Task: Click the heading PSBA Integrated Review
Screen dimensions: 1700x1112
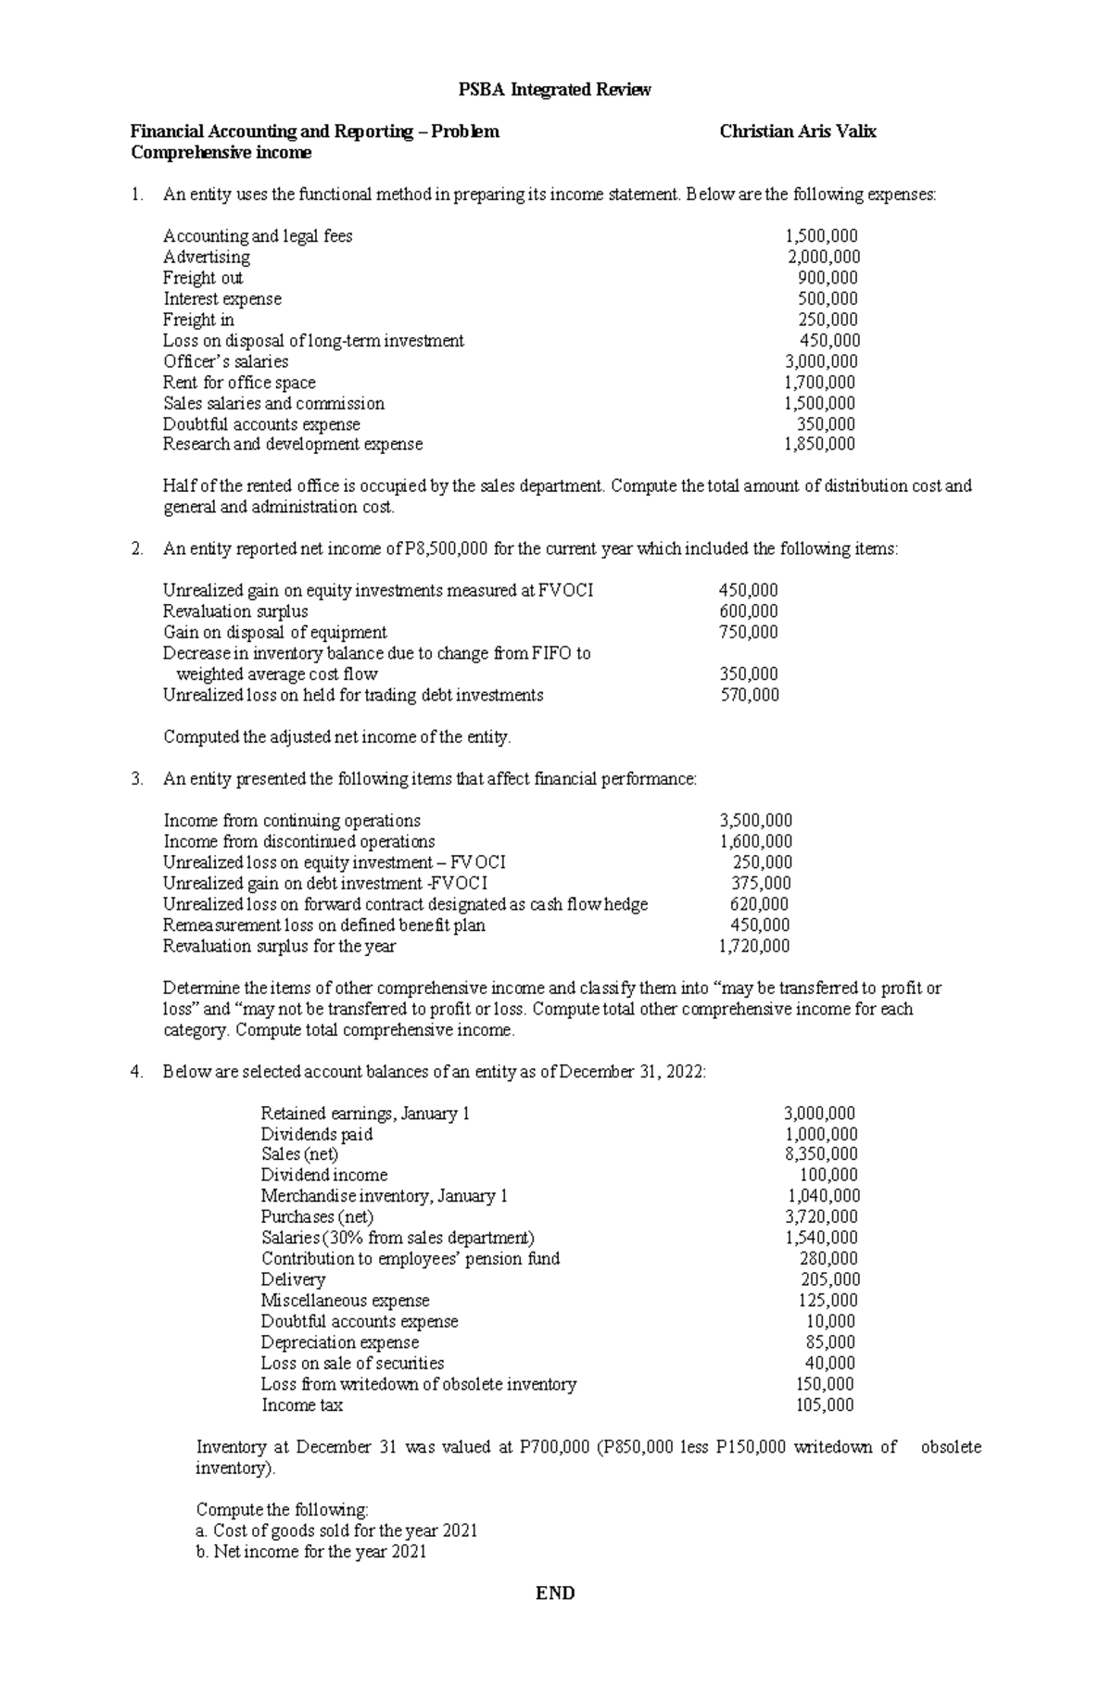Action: [555, 90]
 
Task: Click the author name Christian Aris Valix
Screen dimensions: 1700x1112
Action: [798, 132]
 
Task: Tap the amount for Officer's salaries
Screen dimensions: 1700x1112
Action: [821, 361]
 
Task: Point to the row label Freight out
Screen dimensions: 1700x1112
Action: [203, 278]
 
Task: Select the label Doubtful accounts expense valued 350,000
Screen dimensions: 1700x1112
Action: [261, 424]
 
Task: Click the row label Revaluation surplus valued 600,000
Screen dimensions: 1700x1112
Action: [235, 611]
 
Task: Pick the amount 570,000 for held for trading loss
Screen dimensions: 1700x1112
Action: [750, 695]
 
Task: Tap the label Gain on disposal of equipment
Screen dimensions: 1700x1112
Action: [275, 633]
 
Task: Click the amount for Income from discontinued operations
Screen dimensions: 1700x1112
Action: [755, 841]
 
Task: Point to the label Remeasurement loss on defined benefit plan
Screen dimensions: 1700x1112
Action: [324, 925]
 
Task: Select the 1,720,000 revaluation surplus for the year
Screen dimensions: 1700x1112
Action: [754, 946]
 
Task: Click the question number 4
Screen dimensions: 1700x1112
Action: [137, 1072]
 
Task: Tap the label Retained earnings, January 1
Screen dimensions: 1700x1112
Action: [365, 1114]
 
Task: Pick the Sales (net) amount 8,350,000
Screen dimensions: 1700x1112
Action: [821, 1154]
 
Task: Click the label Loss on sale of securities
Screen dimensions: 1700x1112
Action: [352, 1363]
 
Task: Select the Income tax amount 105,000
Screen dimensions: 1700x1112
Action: [825, 1405]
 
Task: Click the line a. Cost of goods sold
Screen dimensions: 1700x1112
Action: [337, 1530]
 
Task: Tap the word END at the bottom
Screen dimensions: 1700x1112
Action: [555, 1593]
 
